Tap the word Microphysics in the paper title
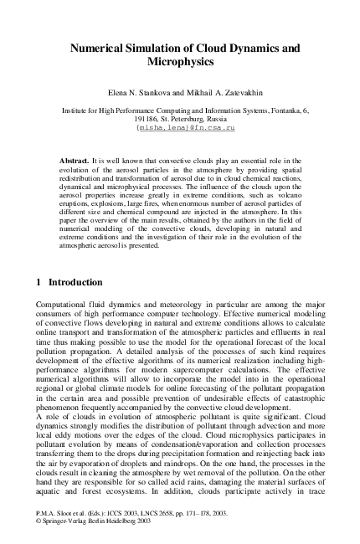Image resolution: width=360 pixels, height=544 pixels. [x=180, y=63]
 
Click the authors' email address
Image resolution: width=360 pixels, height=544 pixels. [x=180, y=129]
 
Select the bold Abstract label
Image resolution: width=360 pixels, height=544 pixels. [x=75, y=158]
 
